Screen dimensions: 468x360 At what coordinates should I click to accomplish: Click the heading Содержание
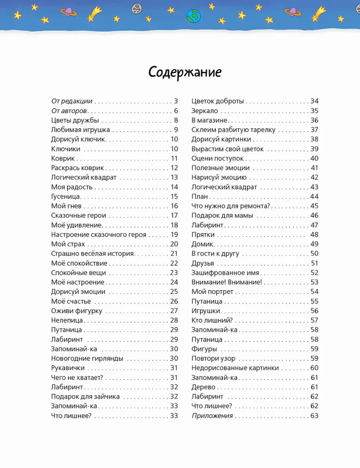(x=184, y=73)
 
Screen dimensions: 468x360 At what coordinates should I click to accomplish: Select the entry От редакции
(x=72, y=101)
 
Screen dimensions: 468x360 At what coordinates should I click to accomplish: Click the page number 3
(x=176, y=101)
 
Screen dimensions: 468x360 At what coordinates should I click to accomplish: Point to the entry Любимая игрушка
(x=81, y=130)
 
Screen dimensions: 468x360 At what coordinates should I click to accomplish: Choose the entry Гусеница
(x=66, y=197)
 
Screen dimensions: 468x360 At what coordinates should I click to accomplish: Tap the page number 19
(x=174, y=234)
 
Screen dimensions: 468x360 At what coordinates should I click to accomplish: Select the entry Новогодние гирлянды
(x=87, y=358)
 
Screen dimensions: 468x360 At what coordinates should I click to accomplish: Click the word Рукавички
(x=68, y=368)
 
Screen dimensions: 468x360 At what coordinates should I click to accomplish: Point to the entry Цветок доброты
(x=218, y=101)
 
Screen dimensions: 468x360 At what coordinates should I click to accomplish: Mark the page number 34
(x=314, y=101)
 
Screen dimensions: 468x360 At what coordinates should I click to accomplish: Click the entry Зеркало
(x=205, y=111)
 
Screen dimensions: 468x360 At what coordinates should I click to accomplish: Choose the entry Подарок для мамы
(x=222, y=215)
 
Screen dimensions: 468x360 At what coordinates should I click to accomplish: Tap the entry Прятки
(x=203, y=234)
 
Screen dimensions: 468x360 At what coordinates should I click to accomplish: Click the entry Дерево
(x=203, y=387)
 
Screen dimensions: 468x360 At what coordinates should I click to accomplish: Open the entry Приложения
(x=212, y=416)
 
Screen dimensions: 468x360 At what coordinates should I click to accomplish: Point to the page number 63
(x=314, y=416)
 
